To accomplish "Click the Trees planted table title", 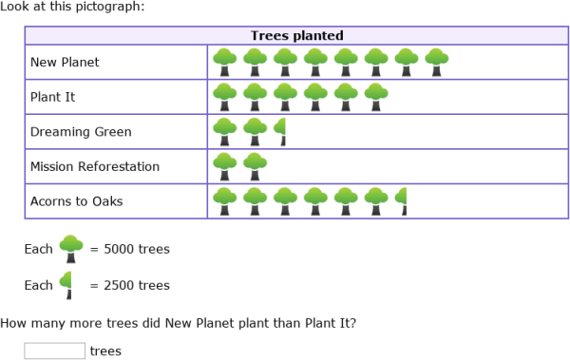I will click(x=296, y=36).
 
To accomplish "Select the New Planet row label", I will click(x=65, y=63).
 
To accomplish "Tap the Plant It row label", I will click(x=53, y=97).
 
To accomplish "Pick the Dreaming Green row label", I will click(x=81, y=132).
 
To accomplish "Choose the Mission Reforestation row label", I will click(x=95, y=166).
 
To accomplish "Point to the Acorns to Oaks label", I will click(x=76, y=200).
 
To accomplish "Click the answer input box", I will click(x=54, y=351).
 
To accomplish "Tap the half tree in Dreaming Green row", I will click(x=281, y=132).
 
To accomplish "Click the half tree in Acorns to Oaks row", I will click(x=403, y=201).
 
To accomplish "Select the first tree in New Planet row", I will click(x=225, y=63).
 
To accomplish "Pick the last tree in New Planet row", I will click(x=437, y=63).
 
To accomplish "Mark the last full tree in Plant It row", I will click(x=377, y=97).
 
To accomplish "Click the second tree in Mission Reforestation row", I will click(x=255, y=166).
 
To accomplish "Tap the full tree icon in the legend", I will click(x=71, y=249).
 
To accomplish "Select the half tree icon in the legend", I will click(x=67, y=284).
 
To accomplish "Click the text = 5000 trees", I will click(x=129, y=250).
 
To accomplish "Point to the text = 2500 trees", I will click(x=129, y=285).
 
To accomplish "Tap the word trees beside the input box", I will click(x=105, y=351).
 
